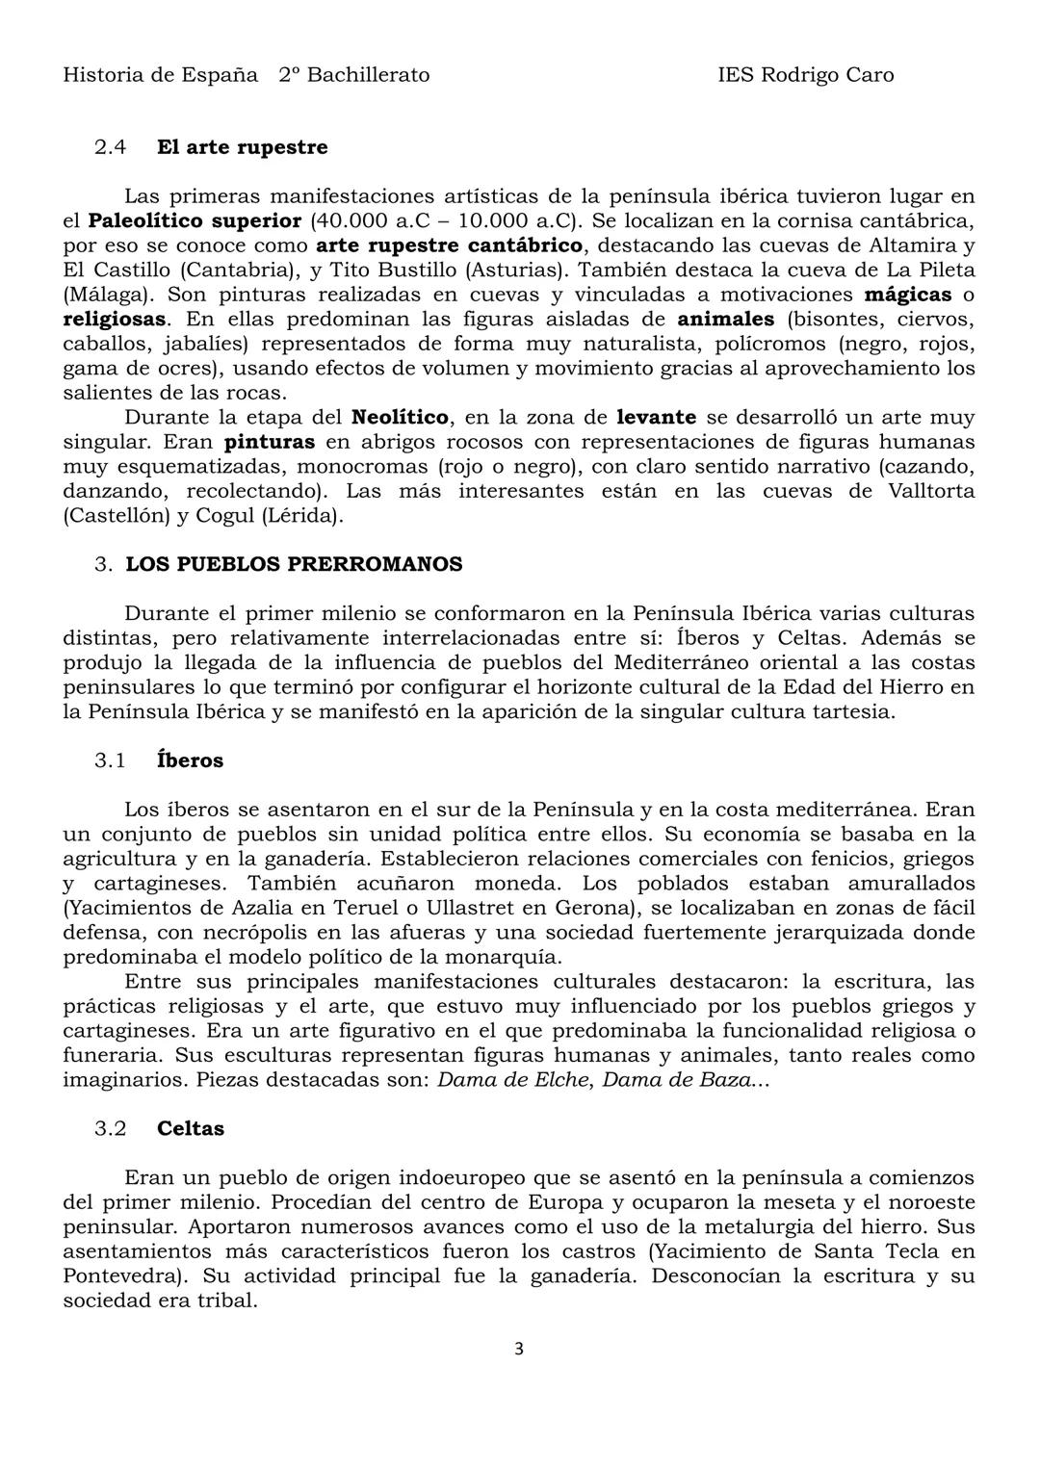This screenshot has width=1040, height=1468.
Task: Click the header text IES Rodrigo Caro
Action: [x=805, y=75]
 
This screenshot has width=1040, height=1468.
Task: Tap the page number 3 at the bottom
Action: [x=519, y=1349]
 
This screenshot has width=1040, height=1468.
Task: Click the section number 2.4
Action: [x=110, y=147]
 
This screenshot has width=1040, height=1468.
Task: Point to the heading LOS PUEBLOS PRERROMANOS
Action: [x=294, y=564]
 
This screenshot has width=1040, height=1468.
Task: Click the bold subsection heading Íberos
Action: [x=190, y=760]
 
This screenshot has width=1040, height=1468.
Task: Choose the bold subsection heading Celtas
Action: [x=191, y=1128]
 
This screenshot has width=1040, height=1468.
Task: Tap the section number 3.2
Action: [x=110, y=1128]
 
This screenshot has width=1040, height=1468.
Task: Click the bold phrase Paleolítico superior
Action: [x=195, y=220]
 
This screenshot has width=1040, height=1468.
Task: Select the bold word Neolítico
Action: [x=400, y=418]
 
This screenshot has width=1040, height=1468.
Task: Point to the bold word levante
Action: [x=656, y=418]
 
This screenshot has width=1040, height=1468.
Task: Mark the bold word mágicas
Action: [x=908, y=295]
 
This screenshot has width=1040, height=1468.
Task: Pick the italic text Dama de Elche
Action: [x=512, y=1079]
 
